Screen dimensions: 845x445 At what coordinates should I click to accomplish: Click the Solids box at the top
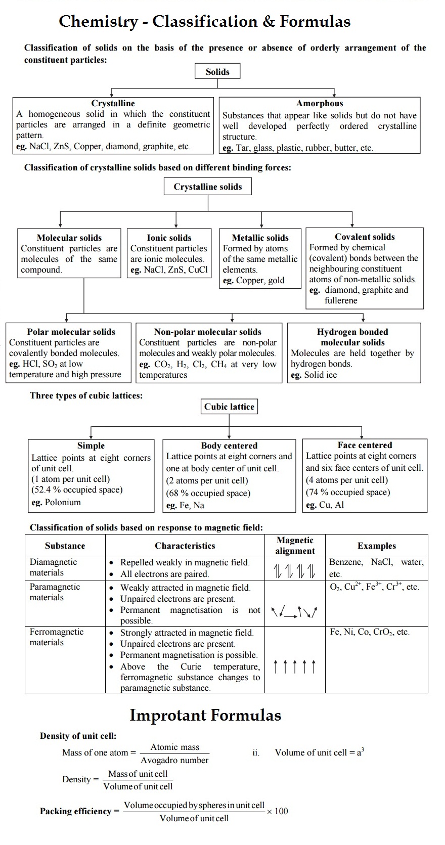click(217, 71)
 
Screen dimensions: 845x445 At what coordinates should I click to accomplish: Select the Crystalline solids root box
click(208, 187)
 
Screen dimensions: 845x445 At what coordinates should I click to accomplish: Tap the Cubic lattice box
click(229, 407)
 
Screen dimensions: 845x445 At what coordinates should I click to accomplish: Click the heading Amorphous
click(320, 103)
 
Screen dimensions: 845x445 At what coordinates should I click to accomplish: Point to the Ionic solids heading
click(169, 237)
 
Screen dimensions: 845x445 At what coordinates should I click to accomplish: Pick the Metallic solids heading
click(260, 237)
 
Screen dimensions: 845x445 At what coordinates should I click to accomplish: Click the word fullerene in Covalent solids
click(341, 300)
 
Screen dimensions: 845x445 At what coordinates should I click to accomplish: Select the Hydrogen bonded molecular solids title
click(352, 337)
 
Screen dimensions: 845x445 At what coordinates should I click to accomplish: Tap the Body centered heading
click(229, 446)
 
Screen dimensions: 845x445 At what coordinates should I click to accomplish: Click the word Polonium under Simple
click(63, 502)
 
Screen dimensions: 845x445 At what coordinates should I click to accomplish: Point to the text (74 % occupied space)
click(348, 492)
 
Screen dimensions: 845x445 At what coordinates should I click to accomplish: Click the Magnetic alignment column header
click(295, 546)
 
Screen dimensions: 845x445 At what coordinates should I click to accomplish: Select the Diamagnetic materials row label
click(53, 567)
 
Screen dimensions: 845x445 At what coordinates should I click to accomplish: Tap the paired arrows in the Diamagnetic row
click(295, 571)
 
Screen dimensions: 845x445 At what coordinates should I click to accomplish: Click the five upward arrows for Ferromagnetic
click(295, 666)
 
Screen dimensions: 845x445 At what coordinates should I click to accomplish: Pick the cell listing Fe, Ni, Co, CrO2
click(370, 632)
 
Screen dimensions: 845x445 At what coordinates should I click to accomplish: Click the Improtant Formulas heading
click(205, 715)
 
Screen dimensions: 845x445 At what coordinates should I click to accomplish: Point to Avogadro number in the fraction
click(174, 760)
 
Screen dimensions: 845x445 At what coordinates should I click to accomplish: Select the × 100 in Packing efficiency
click(278, 811)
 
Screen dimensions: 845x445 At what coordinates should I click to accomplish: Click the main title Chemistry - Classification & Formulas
click(205, 21)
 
